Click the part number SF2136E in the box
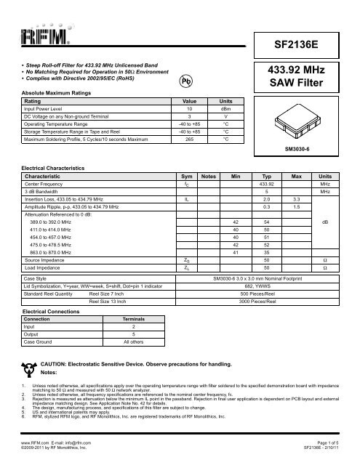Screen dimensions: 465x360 pos(298,45)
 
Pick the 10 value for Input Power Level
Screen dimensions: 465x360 pos(189,109)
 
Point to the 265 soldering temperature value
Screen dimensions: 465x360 pos(189,138)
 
